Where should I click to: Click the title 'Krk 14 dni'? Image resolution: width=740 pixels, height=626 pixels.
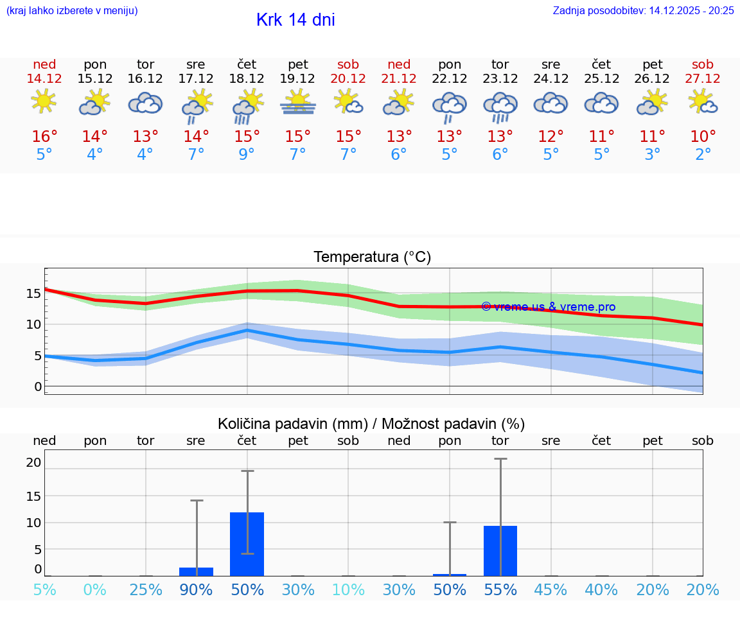295,20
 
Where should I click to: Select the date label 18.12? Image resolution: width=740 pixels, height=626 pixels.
247,78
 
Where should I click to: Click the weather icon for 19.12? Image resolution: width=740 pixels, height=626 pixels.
297,103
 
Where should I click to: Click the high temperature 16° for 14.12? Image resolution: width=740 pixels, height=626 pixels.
44,136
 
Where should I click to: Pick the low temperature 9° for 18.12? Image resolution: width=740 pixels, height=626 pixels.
247,154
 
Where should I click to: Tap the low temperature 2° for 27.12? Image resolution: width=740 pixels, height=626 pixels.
703,154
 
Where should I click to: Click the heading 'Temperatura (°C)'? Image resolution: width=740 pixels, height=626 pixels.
372,257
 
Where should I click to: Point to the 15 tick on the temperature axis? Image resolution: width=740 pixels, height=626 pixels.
34,293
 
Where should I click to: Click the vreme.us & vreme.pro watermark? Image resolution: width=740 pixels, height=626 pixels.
548,307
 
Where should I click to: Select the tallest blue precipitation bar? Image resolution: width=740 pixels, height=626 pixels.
247,544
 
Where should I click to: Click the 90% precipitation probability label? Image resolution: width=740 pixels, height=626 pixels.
196,589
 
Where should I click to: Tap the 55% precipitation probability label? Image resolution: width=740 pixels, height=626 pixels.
500,589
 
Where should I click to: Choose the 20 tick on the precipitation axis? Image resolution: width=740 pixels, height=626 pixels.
34,462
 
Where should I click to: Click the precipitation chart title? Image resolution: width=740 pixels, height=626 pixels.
371,424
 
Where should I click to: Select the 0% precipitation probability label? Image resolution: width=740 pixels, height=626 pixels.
95,589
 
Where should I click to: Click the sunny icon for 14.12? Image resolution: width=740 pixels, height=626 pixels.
44,101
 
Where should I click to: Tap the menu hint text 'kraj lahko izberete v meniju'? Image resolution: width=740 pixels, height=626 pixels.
71,10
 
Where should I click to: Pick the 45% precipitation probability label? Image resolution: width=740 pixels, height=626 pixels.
551,589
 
